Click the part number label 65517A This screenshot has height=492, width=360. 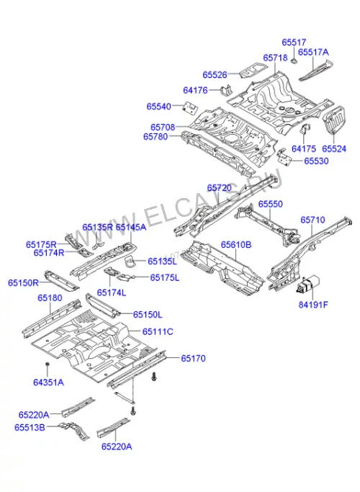313,52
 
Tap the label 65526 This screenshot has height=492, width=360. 215,75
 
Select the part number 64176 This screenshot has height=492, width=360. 195,90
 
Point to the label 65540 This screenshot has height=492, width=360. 158,107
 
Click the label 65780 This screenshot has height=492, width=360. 156,137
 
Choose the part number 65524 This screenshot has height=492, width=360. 334,148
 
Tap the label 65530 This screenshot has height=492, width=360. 316,161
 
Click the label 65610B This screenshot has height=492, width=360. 236,245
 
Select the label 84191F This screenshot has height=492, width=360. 313,305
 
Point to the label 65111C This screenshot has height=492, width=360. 158,331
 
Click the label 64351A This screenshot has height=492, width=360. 48,383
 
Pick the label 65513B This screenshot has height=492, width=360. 30,428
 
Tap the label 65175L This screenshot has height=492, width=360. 165,277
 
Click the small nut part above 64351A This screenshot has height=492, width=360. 47,364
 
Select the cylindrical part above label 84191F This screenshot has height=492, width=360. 308,285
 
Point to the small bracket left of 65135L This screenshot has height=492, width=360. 130,261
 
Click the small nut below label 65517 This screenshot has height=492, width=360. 294,61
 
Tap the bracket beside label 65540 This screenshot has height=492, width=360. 190,107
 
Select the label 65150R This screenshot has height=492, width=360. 23,283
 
